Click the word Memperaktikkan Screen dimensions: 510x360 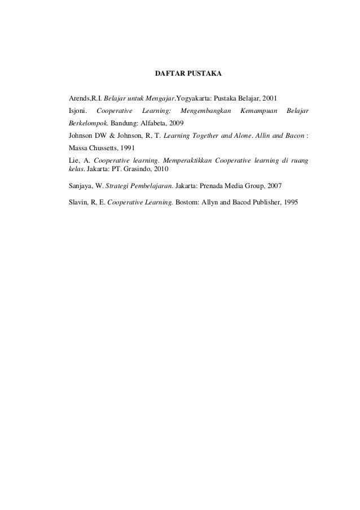(x=183, y=161)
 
